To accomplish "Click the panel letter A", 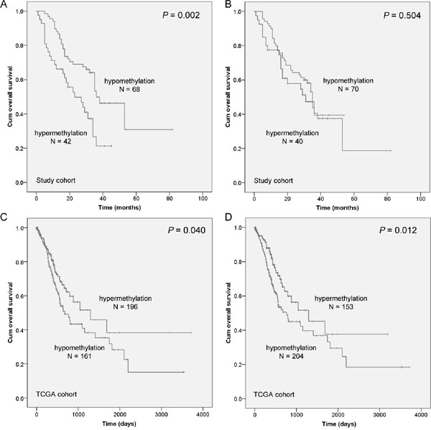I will pyautogui.click(x=4, y=4).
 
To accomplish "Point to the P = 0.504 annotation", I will pyautogui.click(x=394, y=16).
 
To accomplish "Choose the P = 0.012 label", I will pyautogui.click(x=394, y=232).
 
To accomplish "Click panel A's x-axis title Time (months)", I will pyautogui.click(x=120, y=206).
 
